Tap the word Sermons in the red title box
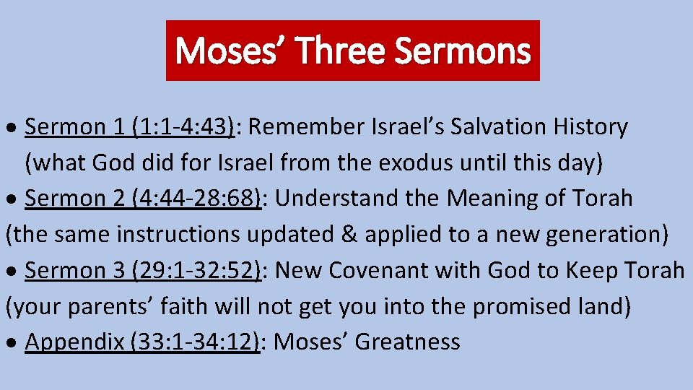pyautogui.click(x=463, y=51)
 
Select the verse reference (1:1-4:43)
pyautogui.click(x=184, y=127)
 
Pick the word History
pyautogui.click(x=591, y=127)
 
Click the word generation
pyautogui.click(x=606, y=235)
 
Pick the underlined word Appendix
pyautogui.click(x=74, y=342)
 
